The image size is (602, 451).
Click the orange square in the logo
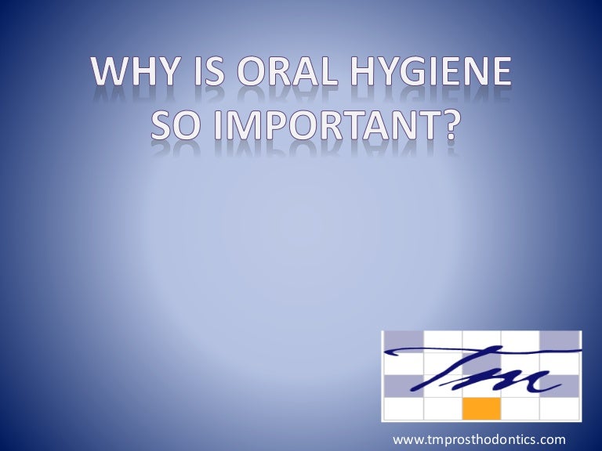(x=481, y=408)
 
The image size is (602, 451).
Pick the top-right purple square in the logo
(x=560, y=339)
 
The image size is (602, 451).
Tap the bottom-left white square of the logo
(x=403, y=408)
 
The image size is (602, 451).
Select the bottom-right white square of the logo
(x=560, y=408)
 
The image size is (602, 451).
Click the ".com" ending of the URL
(x=552, y=438)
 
